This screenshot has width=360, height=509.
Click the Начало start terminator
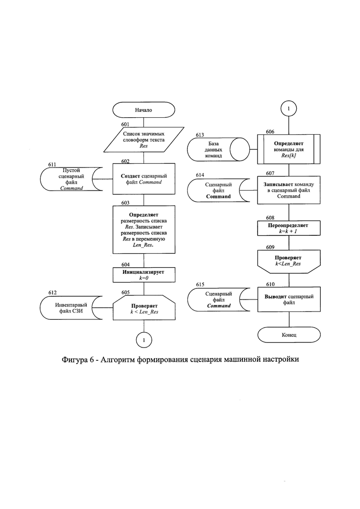(x=144, y=110)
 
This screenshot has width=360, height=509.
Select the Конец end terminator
(x=289, y=335)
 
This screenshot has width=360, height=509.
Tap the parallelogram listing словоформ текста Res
(x=144, y=139)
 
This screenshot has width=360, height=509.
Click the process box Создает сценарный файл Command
(x=144, y=179)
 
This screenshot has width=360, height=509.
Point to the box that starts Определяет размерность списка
(x=144, y=229)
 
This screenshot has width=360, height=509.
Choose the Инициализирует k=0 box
(x=144, y=275)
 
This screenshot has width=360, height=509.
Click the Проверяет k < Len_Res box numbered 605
(x=144, y=308)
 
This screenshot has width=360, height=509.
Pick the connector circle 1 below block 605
(x=144, y=340)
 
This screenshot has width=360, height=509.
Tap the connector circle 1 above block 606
(x=288, y=108)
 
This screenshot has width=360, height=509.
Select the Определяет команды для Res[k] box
(x=289, y=150)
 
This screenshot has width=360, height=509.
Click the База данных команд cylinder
(x=218, y=150)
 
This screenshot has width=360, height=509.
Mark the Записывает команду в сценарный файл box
(x=289, y=190)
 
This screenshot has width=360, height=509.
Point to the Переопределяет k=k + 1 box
(x=289, y=228)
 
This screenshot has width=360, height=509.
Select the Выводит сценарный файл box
(x=289, y=299)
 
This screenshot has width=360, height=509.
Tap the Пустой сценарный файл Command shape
(x=72, y=179)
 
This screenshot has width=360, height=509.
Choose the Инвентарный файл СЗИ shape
(x=71, y=308)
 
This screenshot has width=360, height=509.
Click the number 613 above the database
(x=200, y=135)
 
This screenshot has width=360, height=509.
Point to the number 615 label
(x=200, y=284)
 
